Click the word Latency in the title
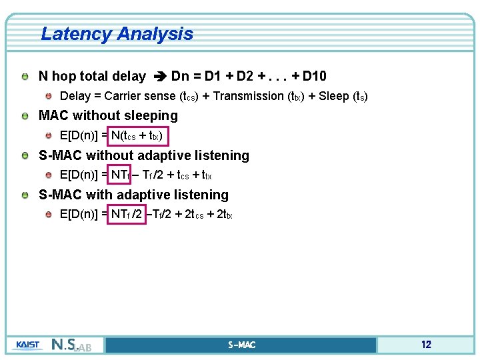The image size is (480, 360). [x=74, y=34]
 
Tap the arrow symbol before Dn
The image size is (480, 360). [x=159, y=77]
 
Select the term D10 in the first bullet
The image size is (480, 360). [x=315, y=76]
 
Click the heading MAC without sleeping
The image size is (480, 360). [x=108, y=115]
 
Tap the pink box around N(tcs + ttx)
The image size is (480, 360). [x=139, y=136]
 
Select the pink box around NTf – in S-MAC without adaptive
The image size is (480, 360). [x=122, y=175]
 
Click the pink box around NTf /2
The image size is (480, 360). [x=127, y=215]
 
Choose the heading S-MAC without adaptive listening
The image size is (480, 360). [x=144, y=155]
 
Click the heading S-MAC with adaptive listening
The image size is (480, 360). [x=133, y=195]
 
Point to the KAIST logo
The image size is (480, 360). [x=27, y=345]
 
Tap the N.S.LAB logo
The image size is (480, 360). [x=75, y=345]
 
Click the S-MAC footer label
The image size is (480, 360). [x=241, y=345]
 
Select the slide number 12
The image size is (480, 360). [x=426, y=345]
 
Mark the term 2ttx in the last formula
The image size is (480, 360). [x=224, y=215]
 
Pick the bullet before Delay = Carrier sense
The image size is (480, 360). [x=49, y=96]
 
